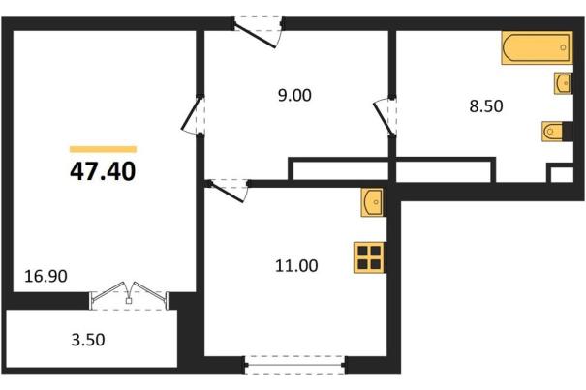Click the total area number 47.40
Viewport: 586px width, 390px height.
pyautogui.click(x=103, y=172)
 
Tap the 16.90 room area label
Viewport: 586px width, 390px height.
pyautogui.click(x=46, y=277)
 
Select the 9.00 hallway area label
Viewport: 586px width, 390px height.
pyautogui.click(x=294, y=95)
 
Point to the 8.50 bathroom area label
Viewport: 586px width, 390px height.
pyautogui.click(x=486, y=106)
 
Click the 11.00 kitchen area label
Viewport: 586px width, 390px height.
pyautogui.click(x=296, y=266)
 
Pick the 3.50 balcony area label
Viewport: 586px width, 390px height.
pyautogui.click(x=88, y=340)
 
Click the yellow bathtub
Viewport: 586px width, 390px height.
pyautogui.click(x=537, y=47)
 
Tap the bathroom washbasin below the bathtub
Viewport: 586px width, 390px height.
pyautogui.click(x=563, y=83)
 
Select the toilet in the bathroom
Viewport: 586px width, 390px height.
pyautogui.click(x=553, y=131)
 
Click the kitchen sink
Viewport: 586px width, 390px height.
pyautogui.click(x=372, y=202)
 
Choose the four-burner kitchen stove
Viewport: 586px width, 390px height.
pyautogui.click(x=369, y=257)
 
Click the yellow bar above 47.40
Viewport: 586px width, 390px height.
pyautogui.click(x=103, y=149)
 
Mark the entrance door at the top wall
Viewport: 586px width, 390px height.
pyautogui.click(x=259, y=32)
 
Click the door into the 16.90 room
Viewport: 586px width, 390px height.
pyautogui.click(x=193, y=114)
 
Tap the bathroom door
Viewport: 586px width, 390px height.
pyautogui.click(x=385, y=117)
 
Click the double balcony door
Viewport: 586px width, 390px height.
pyautogui.click(x=129, y=295)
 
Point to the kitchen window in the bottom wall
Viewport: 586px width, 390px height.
pyautogui.click(x=295, y=365)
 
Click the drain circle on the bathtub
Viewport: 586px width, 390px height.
pyautogui.click(x=563, y=47)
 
